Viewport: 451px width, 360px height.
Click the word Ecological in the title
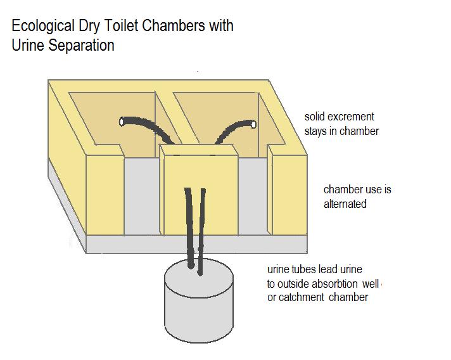click(43, 26)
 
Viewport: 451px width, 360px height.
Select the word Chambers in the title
click(174, 25)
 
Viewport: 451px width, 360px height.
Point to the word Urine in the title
click(28, 45)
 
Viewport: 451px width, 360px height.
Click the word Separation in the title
click(82, 46)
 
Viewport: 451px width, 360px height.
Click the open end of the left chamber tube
click(122, 122)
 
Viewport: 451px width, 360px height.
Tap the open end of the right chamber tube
click(253, 125)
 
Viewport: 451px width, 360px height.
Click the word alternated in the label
click(345, 204)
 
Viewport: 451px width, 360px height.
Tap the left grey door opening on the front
click(141, 196)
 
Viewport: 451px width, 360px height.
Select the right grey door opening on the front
click(253, 196)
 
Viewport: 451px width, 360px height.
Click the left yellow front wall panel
click(105, 195)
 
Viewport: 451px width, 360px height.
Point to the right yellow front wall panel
click(289, 195)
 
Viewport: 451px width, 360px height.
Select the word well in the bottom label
click(371, 284)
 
